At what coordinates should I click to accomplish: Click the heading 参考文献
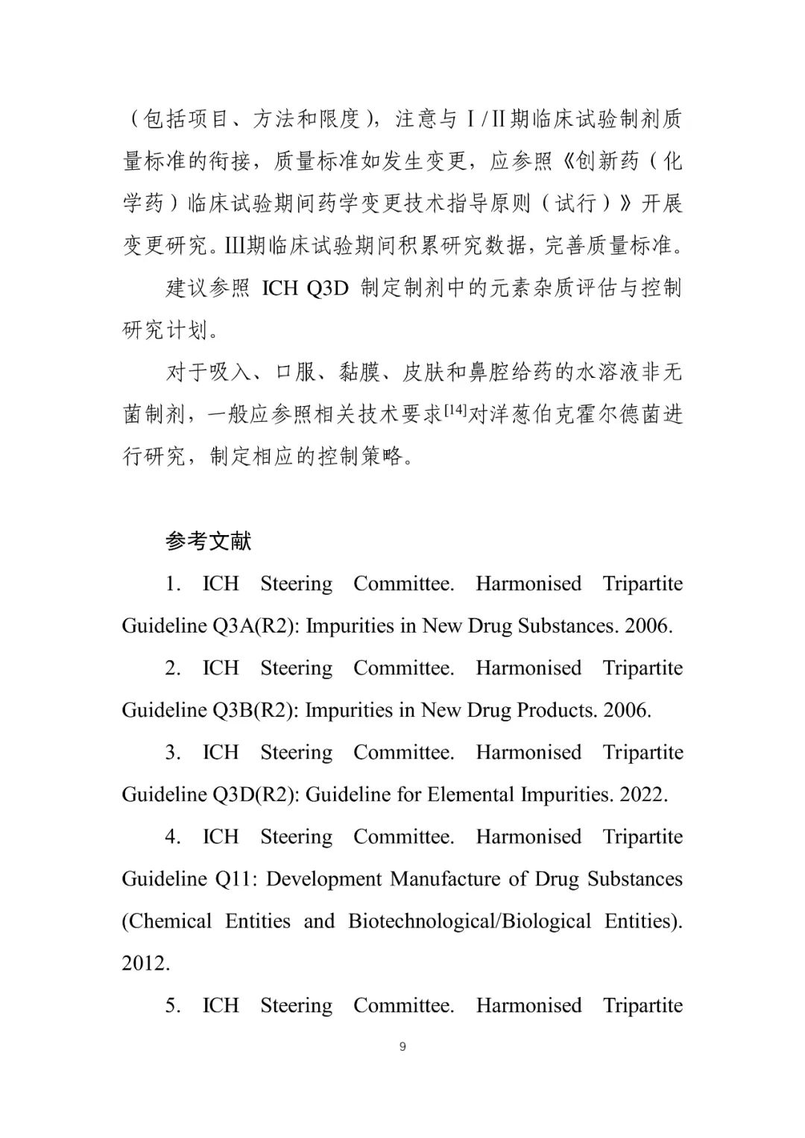click(x=208, y=541)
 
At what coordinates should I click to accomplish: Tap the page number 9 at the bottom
click(x=402, y=1046)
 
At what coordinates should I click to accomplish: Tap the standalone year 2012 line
click(x=146, y=963)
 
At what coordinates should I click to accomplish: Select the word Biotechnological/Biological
click(x=470, y=921)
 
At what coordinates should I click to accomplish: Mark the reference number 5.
click(x=173, y=1005)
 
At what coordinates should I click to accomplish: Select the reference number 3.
click(x=173, y=752)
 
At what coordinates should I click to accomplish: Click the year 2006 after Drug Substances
click(x=648, y=625)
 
